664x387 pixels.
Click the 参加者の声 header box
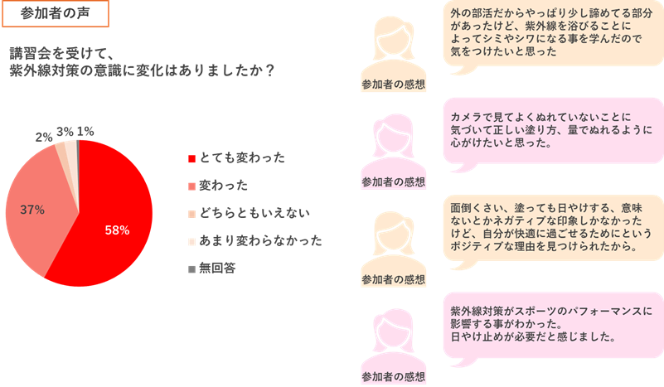coord(56,15)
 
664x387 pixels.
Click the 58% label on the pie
coord(117,230)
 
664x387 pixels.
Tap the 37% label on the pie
coord(32,210)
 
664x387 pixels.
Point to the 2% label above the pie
coord(44,135)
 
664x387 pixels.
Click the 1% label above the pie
coord(85,131)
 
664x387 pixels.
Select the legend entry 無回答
coord(219,269)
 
